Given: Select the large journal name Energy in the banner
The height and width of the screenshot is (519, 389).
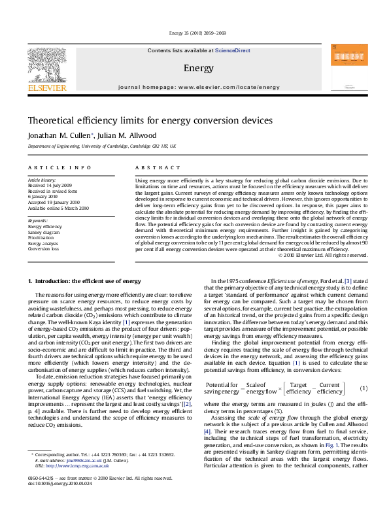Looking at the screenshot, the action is (x=198, y=68).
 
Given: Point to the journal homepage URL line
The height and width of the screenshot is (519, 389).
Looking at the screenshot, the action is (x=199, y=87).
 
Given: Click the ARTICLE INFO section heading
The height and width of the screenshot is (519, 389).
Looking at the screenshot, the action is (x=50, y=169).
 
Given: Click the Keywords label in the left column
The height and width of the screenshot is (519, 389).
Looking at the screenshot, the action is (x=38, y=221).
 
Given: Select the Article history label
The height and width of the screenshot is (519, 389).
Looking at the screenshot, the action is (x=42, y=178).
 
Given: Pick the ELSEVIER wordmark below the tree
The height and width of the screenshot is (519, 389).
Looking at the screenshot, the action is (x=45, y=86).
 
